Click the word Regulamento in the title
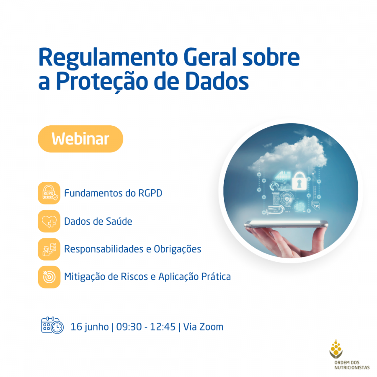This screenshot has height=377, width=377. (x=108, y=58)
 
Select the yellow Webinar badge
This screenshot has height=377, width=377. (x=80, y=139)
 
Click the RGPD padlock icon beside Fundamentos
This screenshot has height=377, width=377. (x=49, y=193)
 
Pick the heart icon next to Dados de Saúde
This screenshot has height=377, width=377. (x=49, y=221)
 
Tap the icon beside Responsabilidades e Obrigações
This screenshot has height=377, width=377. (x=49, y=249)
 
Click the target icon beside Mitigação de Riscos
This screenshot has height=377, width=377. (x=49, y=277)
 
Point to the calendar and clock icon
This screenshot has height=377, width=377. (x=52, y=325)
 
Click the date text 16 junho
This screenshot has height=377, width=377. (x=90, y=327)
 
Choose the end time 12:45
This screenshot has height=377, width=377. (x=163, y=327)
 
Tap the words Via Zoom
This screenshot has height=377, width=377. (x=204, y=327)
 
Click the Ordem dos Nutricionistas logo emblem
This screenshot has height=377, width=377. (x=336, y=349)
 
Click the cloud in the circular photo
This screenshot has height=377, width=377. (x=289, y=154)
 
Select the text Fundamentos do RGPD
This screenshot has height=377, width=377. (x=113, y=193)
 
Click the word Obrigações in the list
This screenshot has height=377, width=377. (x=178, y=249)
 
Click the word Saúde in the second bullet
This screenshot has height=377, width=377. (x=119, y=221)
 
